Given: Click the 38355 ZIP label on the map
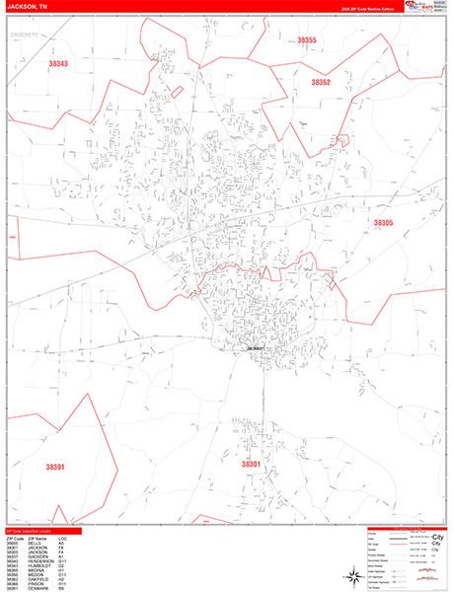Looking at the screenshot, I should pyautogui.click(x=307, y=40).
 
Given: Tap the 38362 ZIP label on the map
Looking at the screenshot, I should pyautogui.click(x=321, y=83).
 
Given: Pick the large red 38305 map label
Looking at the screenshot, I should pyautogui.click(x=383, y=224).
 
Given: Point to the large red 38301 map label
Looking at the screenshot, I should pyautogui.click(x=252, y=463).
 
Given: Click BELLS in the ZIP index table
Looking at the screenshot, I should pyautogui.click(x=35, y=542).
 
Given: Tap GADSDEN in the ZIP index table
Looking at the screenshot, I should pyautogui.click(x=38, y=556).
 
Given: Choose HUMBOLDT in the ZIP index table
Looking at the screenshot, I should pyautogui.click(x=38, y=566).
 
